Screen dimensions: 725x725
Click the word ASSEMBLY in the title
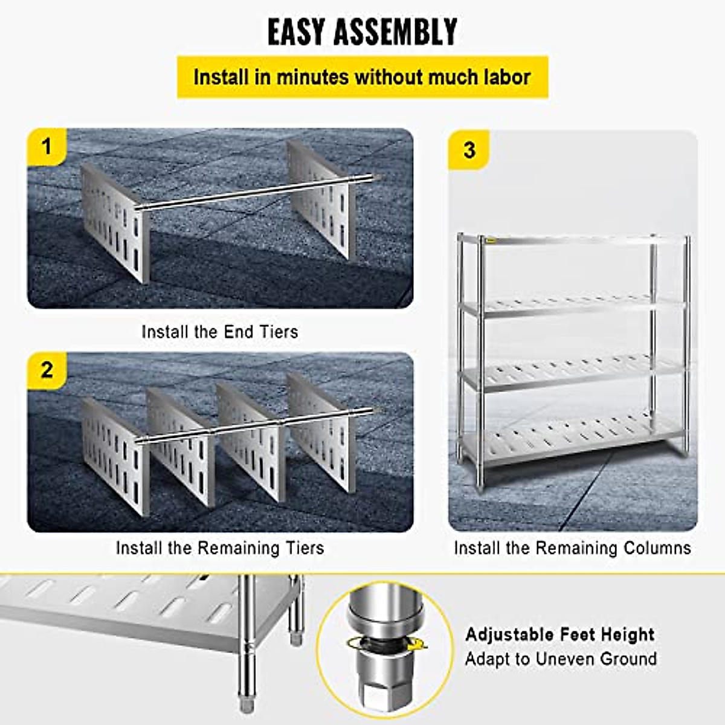coord(396,32)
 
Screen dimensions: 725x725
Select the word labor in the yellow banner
coord(506,77)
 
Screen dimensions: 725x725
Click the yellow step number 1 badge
coord(47,146)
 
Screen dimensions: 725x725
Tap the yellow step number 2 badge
coord(47,370)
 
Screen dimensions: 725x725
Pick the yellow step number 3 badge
coord(469,149)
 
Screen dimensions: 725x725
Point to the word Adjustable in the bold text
coord(508,634)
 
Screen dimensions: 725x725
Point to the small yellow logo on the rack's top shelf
coord(488,240)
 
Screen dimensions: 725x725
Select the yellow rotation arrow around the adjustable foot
coord(415,645)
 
